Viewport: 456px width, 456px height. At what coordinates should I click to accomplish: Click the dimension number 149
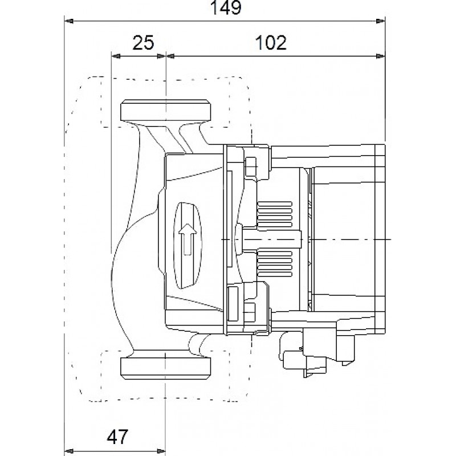225,7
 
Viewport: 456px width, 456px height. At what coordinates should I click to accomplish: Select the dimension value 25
143,42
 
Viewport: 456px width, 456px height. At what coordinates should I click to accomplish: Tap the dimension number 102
271,42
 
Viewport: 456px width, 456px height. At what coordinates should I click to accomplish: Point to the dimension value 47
117,436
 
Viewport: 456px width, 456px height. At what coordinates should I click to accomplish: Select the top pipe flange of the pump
166,110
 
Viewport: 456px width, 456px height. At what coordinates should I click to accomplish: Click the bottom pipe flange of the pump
166,368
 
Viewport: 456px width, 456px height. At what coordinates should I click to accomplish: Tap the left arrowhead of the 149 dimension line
69,21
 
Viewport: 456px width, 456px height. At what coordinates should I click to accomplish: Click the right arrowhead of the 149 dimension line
380,21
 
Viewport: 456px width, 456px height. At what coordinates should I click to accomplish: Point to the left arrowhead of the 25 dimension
116,56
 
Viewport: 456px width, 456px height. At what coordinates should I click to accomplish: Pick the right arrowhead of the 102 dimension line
380,56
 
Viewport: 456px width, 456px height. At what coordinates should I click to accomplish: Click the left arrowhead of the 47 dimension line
69,451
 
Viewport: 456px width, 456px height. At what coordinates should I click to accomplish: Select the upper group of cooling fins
275,214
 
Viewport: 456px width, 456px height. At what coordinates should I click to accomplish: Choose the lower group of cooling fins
275,264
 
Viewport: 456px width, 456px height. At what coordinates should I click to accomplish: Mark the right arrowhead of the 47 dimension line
161,451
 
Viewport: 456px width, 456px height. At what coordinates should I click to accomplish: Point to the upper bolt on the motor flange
251,166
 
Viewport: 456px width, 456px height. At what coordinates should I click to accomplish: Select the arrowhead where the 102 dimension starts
170,56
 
